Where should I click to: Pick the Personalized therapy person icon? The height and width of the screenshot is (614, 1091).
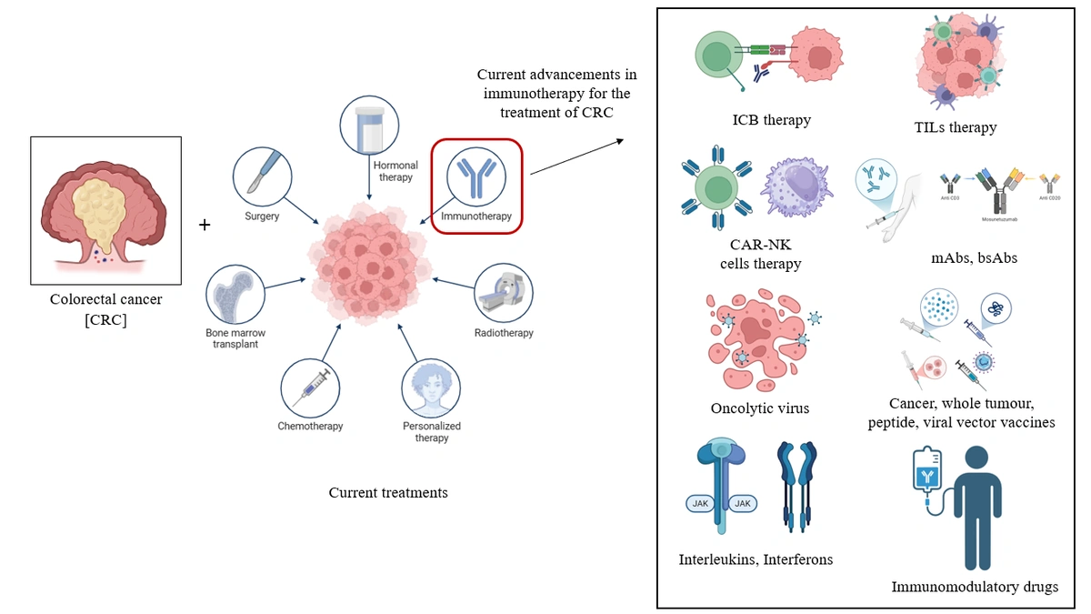(x=431, y=387)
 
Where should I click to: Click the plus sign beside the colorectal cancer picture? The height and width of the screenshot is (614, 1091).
(x=205, y=224)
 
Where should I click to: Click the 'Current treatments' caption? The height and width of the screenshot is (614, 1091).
(x=388, y=492)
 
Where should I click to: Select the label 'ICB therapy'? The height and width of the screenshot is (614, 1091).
(x=771, y=120)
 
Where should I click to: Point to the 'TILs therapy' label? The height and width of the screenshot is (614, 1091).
(x=956, y=127)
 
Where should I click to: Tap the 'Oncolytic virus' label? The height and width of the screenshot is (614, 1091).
(x=760, y=408)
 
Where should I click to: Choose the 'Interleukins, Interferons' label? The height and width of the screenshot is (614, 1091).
(x=756, y=559)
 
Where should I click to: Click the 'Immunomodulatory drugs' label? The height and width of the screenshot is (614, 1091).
(x=975, y=587)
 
